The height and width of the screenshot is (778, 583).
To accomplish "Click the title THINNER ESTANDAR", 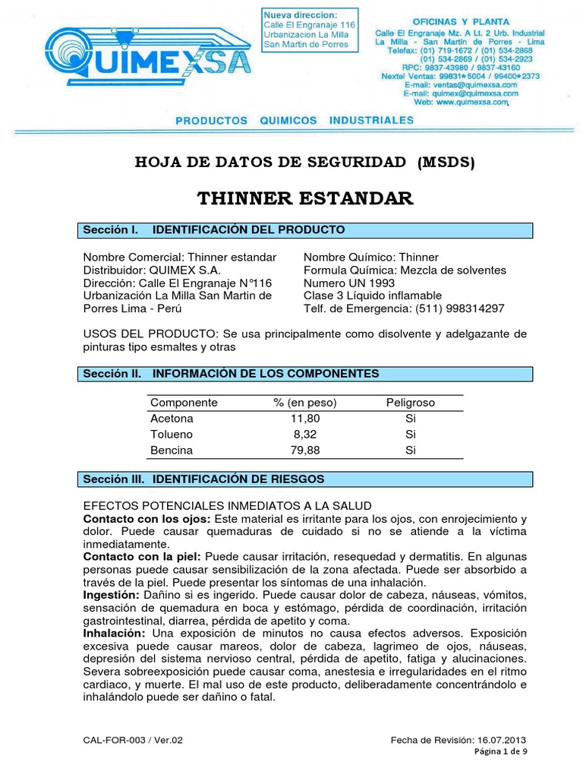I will (x=305, y=199).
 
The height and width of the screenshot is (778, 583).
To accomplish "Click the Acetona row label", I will (x=172, y=419).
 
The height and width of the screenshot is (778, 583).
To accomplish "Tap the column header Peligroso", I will (x=411, y=403).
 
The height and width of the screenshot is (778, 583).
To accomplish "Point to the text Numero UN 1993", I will (x=348, y=283).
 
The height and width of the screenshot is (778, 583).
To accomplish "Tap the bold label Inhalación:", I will (x=114, y=632).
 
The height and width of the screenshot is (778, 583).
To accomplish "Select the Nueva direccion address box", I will (x=307, y=30).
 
